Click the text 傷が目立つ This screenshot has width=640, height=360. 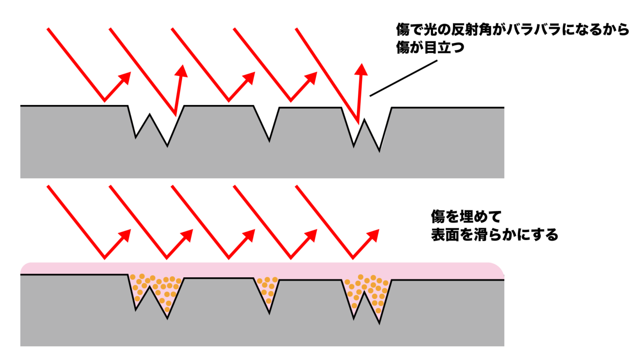(x=430, y=47)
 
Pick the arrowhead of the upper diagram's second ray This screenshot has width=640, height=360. (x=182, y=71)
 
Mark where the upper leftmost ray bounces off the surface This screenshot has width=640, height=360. (x=105, y=101)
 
